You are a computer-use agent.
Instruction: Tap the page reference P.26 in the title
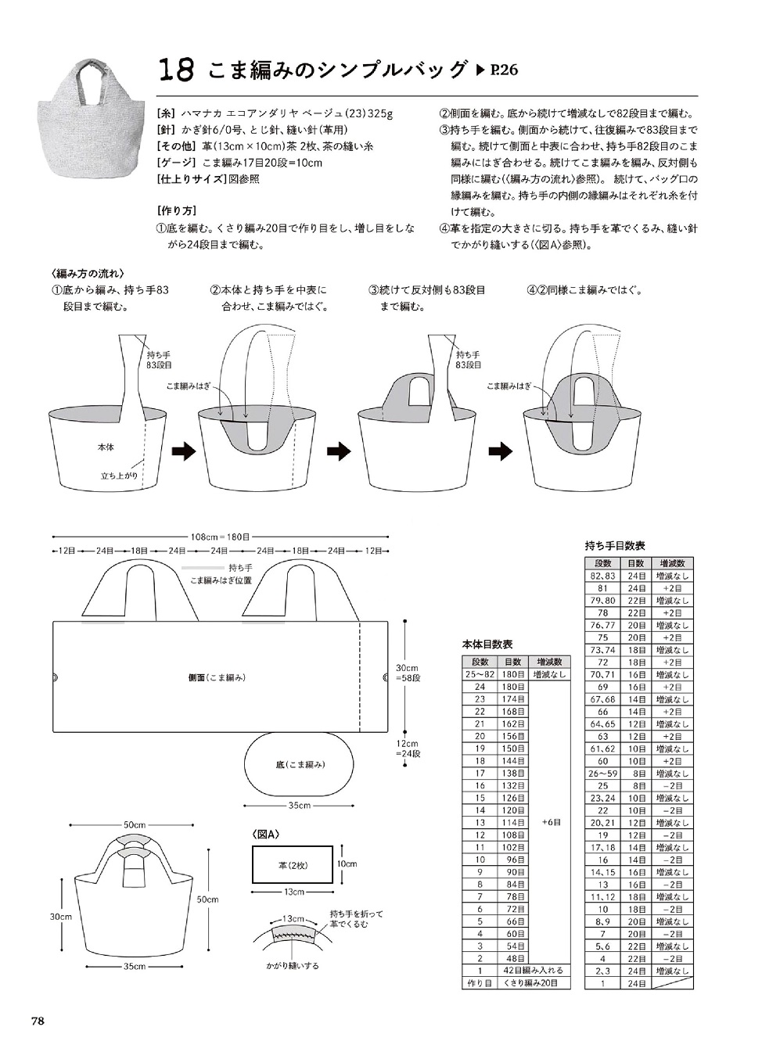point(497,70)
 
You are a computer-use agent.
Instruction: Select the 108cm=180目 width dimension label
point(220,537)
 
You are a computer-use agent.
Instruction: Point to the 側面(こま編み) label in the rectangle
point(217,677)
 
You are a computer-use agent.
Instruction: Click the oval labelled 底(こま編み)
point(300,764)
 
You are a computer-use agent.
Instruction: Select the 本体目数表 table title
point(487,645)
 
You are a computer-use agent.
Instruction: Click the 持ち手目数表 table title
point(614,546)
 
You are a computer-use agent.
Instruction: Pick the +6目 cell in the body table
point(551,822)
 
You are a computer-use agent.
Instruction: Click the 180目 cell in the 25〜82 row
point(512,674)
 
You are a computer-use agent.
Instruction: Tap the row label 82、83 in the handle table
point(602,576)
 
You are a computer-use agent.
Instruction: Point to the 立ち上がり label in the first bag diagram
point(120,476)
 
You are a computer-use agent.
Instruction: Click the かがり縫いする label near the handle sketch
point(293,966)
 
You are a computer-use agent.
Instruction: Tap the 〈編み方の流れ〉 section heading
point(86,274)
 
